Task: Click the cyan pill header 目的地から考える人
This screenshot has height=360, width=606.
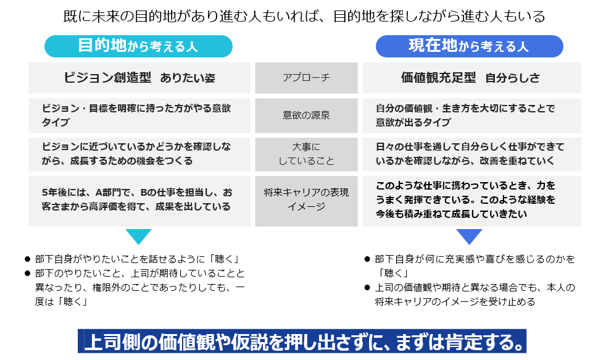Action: pyautogui.click(x=138, y=46)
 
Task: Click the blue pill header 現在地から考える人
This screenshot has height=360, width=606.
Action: pyautogui.click(x=469, y=46)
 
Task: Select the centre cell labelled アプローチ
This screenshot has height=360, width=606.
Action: pyautogui.click(x=306, y=78)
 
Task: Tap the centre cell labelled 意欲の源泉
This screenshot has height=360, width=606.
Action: pyautogui.click(x=306, y=115)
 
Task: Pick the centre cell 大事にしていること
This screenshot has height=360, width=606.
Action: pyautogui.click(x=306, y=154)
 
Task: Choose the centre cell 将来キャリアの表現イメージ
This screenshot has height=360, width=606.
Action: pyautogui.click(x=306, y=201)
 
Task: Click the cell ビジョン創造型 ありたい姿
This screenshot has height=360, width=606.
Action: pyautogui.click(x=139, y=78)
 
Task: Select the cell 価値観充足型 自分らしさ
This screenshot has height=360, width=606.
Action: pyautogui.click(x=471, y=78)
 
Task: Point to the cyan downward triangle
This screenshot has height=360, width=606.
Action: pyautogui.click(x=138, y=235)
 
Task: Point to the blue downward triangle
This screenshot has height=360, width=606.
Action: pyautogui.click(x=469, y=235)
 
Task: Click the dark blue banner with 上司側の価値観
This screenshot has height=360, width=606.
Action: pyautogui.click(x=302, y=341)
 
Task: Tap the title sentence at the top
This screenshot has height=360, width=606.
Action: pyautogui.click(x=304, y=16)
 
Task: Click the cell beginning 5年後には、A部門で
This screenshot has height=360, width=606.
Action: pyautogui.click(x=139, y=201)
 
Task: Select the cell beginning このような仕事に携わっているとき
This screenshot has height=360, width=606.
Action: pyautogui.click(x=471, y=201)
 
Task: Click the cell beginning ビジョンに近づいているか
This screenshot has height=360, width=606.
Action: pyautogui.click(x=139, y=154)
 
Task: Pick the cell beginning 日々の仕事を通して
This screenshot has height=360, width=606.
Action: pyautogui.click(x=471, y=154)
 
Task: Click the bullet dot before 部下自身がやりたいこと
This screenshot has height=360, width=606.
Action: pyautogui.click(x=27, y=259)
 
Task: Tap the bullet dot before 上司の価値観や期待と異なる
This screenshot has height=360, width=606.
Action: pyautogui.click(x=367, y=288)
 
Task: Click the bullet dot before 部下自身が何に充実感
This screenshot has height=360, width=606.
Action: pyautogui.click(x=367, y=259)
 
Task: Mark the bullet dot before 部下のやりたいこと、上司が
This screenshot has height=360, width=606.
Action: pyautogui.click(x=27, y=274)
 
